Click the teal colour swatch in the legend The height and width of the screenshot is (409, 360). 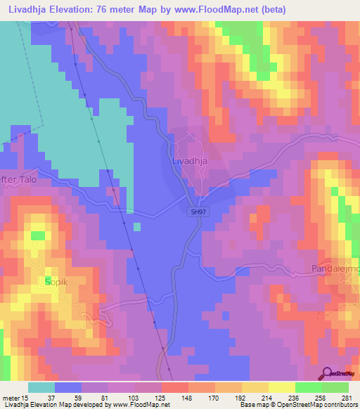41,387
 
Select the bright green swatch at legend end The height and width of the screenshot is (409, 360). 335,387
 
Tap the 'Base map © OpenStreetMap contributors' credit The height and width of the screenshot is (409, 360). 297,405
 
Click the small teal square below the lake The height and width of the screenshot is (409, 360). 136,226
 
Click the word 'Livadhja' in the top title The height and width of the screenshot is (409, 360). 30,8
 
